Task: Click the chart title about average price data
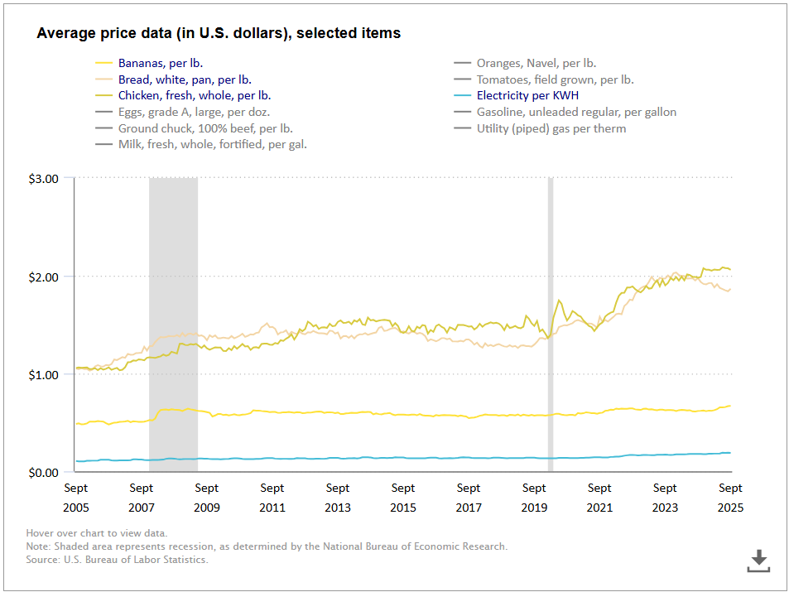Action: point(219,34)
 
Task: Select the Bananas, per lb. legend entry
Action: point(160,63)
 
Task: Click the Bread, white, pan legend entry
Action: point(185,79)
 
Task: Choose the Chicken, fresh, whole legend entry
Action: point(194,96)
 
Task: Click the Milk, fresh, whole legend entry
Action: point(212,145)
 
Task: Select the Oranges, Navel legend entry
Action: point(536,63)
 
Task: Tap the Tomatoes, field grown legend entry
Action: point(555,79)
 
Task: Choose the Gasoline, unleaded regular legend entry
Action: point(576,112)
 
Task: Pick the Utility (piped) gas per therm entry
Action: point(551,128)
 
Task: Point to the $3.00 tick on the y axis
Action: point(42,178)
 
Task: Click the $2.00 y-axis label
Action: point(42,277)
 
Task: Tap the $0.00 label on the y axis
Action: point(42,473)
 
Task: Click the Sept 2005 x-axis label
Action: point(76,498)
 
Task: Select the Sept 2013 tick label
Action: point(338,498)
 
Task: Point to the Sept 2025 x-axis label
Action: point(730,498)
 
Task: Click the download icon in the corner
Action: point(758,561)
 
